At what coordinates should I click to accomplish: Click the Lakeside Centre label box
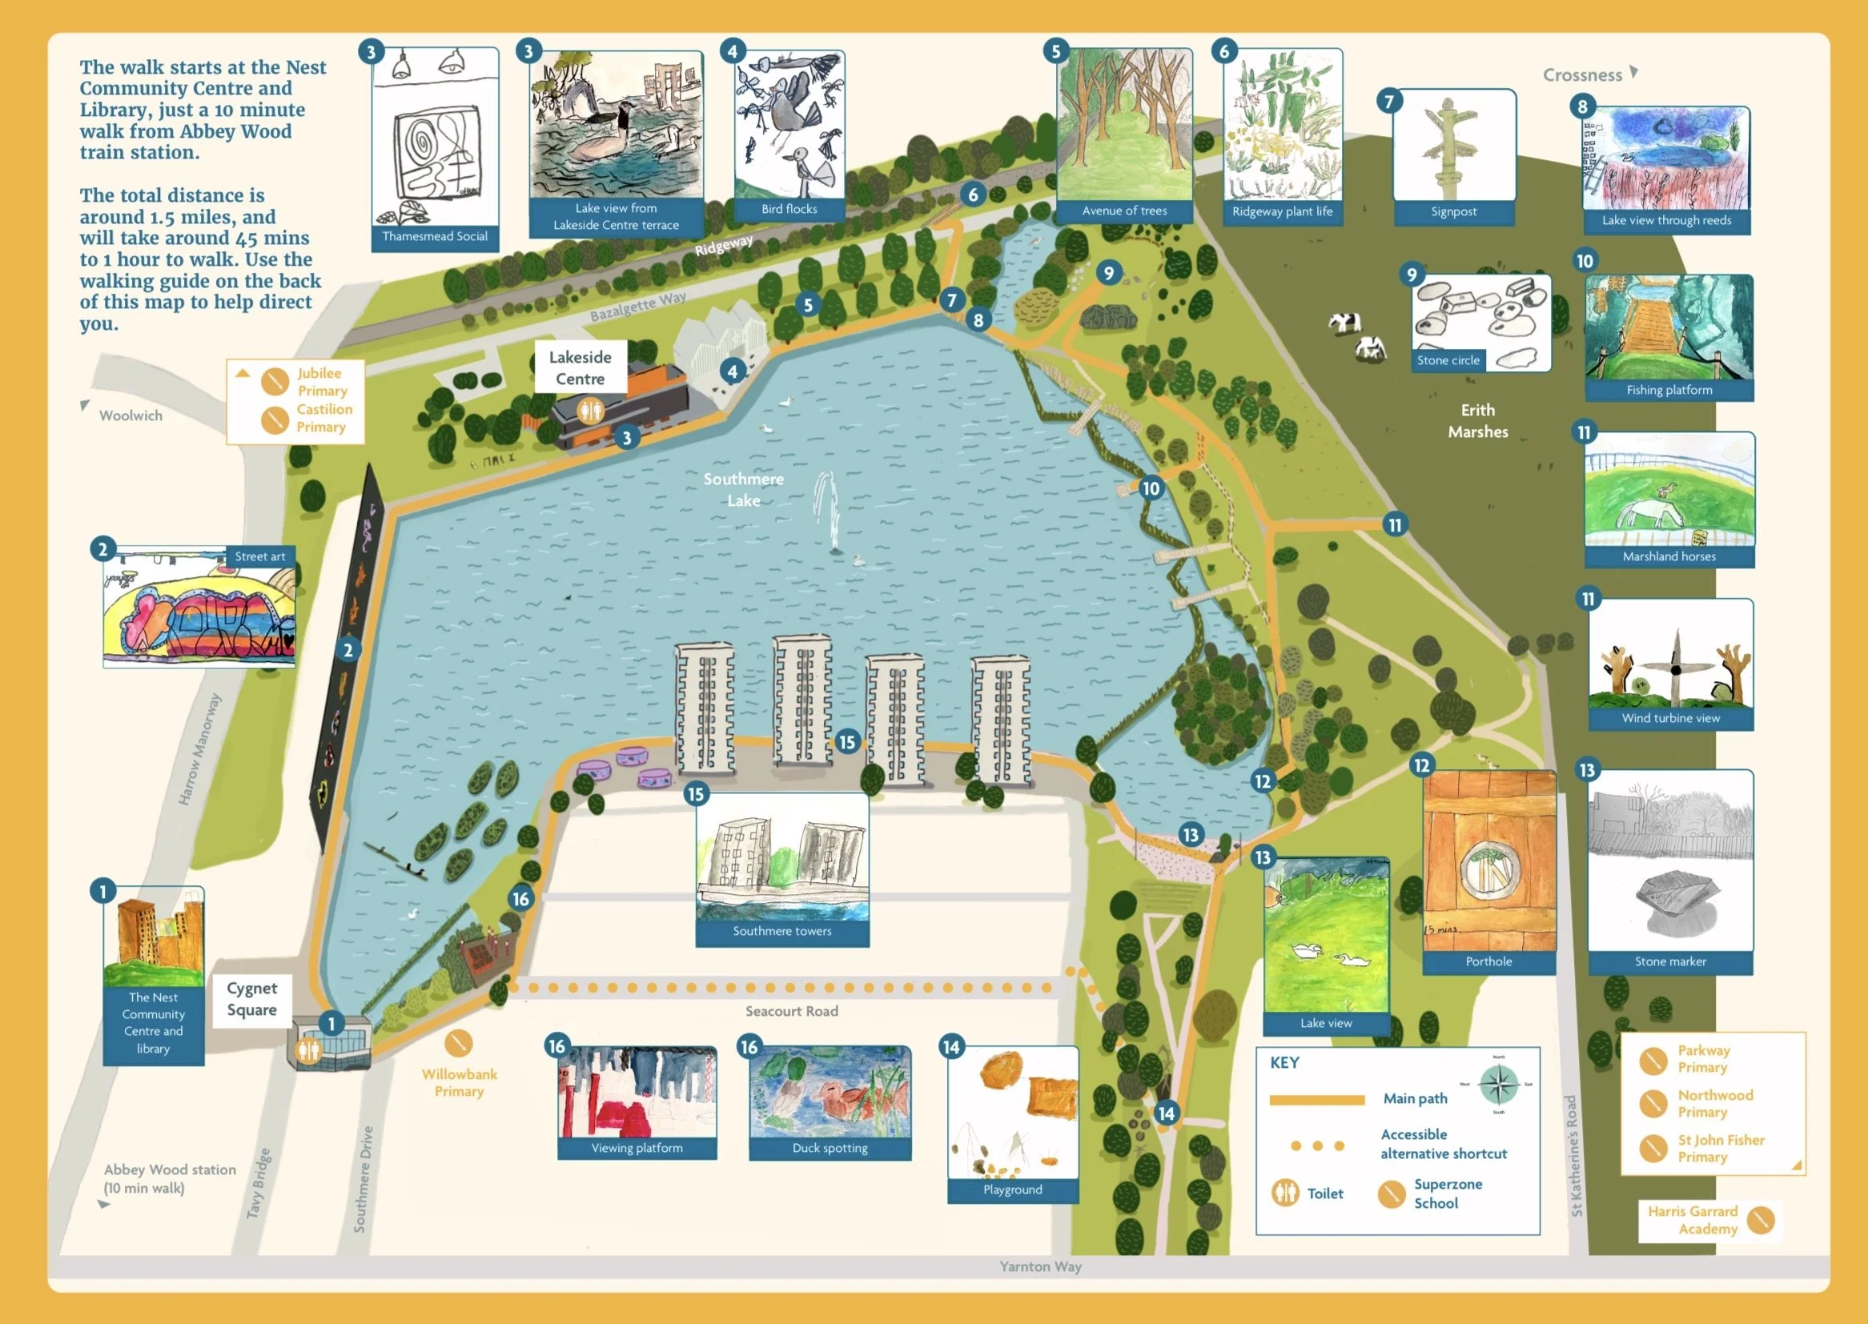coord(580,367)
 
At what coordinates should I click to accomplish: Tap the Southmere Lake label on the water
coord(744,489)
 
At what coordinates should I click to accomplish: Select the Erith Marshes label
coord(1477,421)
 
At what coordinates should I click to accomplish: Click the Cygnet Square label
coord(252,999)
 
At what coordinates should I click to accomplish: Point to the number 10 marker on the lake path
coord(1151,488)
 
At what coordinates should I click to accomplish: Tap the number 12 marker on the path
coord(1262,781)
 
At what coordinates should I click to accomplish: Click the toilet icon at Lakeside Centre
coord(589,410)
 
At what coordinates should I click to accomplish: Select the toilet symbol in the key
coord(1286,1193)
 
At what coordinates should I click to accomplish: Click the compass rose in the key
coord(1499,1085)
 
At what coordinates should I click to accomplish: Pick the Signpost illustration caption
coord(1454,212)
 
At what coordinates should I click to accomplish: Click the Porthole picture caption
coord(1488,962)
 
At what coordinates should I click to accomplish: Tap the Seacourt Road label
coord(792,1011)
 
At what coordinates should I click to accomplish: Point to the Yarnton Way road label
coord(1040,1266)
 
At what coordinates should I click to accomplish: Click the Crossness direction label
coord(1583,75)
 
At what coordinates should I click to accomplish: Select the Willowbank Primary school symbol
coord(459,1043)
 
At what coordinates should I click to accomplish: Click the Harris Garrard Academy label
coord(1693,1220)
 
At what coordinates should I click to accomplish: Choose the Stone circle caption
coord(1448,360)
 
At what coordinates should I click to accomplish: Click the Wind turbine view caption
coord(1671,718)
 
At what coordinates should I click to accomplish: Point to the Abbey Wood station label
coord(170,1178)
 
